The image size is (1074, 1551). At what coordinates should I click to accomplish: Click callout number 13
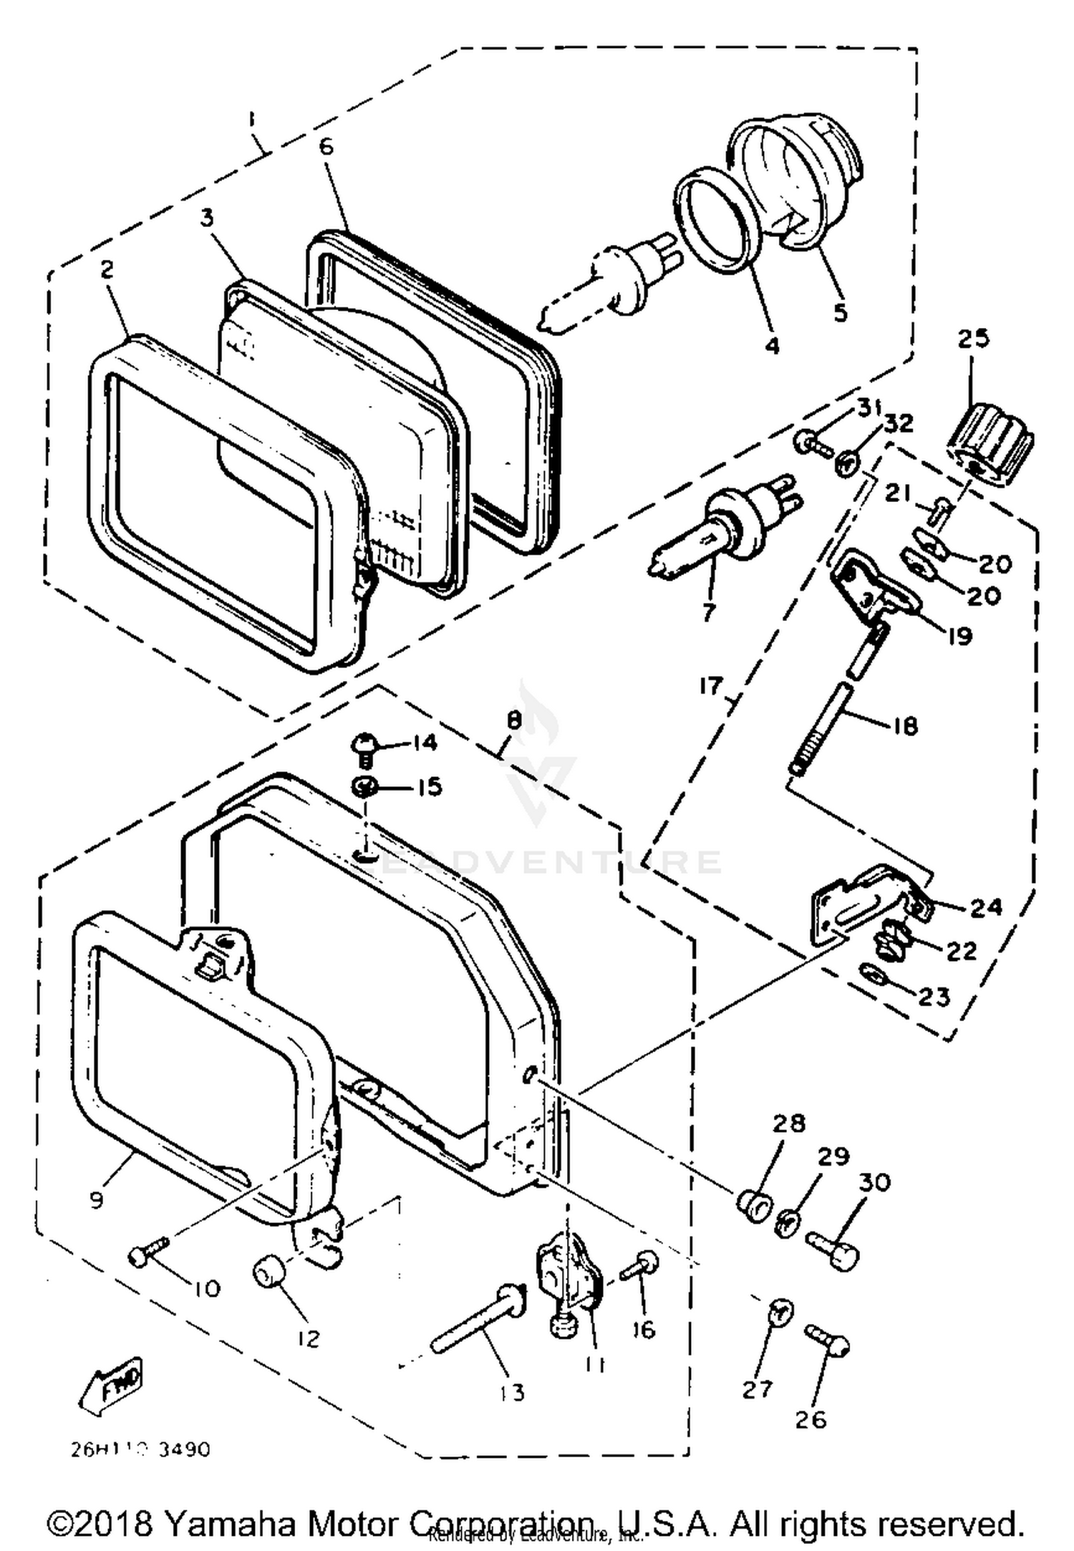pyautogui.click(x=513, y=1392)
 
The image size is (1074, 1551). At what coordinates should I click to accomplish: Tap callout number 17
pyautogui.click(x=712, y=686)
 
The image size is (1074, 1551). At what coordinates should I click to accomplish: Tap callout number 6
pyautogui.click(x=326, y=146)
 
